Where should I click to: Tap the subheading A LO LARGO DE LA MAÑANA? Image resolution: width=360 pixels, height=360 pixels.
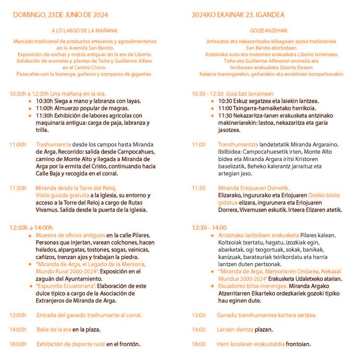[82, 31]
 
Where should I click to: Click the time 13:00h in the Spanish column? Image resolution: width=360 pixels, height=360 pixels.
[18, 315]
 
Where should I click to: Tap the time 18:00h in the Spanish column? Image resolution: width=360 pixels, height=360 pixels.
[18, 344]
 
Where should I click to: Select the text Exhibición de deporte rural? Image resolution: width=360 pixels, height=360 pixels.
[71, 344]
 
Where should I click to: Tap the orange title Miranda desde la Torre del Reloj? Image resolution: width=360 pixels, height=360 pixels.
[76, 188]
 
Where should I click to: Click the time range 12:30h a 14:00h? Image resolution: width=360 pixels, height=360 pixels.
[30, 227]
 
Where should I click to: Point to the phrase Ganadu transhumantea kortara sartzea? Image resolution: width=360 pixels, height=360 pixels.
[267, 315]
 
